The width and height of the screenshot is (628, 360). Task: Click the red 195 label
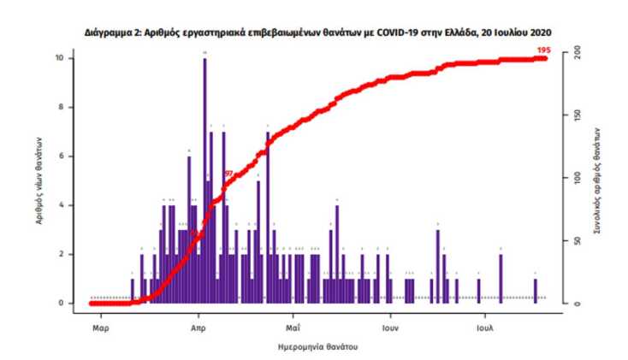pos(542,51)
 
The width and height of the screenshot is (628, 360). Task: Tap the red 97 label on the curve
pos(228,174)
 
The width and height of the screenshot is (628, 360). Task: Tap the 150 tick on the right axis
pos(578,116)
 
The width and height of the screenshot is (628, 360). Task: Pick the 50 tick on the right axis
pos(578,241)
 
